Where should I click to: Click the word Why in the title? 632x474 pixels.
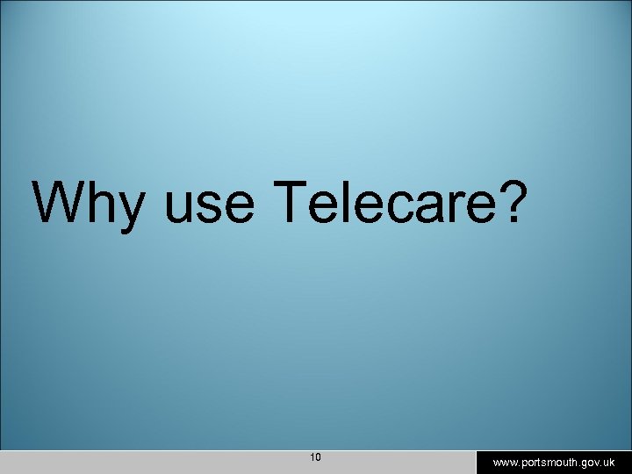click(x=88, y=204)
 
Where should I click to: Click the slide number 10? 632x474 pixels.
click(x=316, y=457)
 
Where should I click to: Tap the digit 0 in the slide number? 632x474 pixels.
click(x=319, y=457)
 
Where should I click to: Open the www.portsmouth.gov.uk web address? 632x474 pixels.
click(x=553, y=462)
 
